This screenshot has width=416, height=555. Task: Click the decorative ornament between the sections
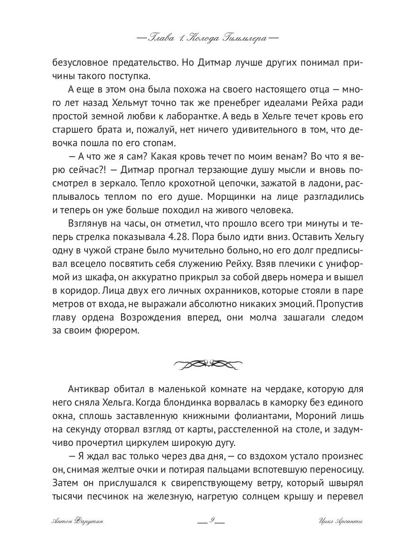pos(208,364)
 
